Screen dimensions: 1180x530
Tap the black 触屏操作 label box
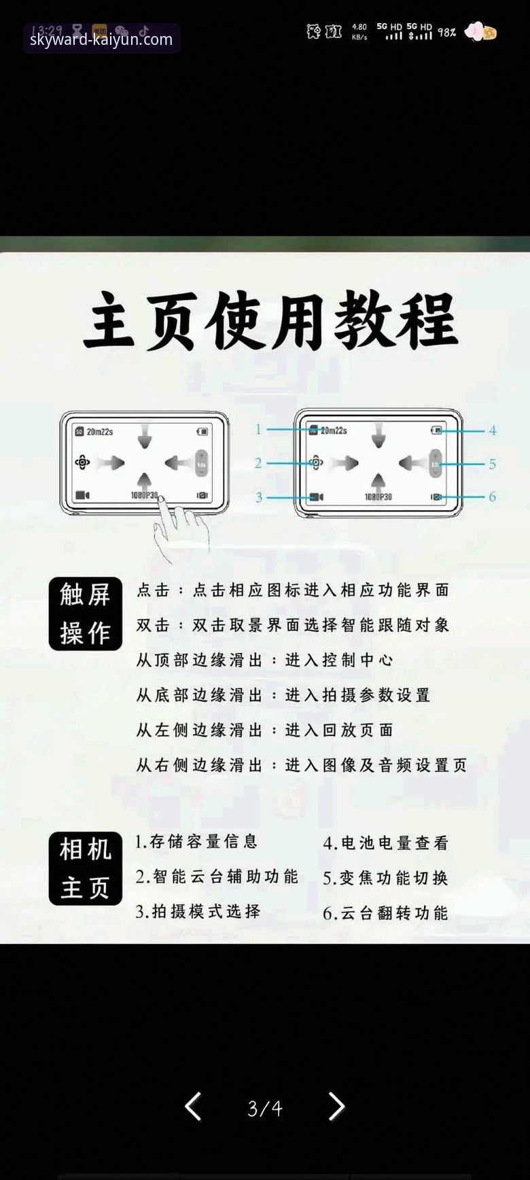point(86,613)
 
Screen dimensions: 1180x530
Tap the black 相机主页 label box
point(86,869)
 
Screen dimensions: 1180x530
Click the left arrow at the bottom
point(194,1107)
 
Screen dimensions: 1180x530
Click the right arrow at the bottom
point(336,1107)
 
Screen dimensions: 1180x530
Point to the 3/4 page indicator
point(265,1109)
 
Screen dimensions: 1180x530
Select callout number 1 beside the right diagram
point(258,429)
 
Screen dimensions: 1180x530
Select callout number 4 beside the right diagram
point(493,431)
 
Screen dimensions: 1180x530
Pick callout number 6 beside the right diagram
point(493,496)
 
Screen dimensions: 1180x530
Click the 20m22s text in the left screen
point(100,432)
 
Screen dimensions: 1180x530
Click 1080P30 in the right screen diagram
point(378,497)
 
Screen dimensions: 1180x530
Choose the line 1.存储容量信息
point(196,842)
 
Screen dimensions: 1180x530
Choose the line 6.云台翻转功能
point(385,913)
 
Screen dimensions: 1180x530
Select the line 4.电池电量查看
point(385,843)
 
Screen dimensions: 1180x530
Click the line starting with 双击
point(293,625)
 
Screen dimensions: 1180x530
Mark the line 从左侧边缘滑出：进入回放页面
point(264,730)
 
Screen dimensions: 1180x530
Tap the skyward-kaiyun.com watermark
point(101,39)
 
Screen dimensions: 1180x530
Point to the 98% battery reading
point(446,33)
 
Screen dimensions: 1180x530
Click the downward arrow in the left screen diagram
point(145,436)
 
